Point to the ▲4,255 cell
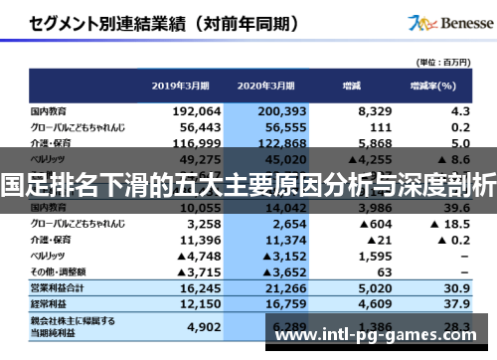click(x=345, y=158)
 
